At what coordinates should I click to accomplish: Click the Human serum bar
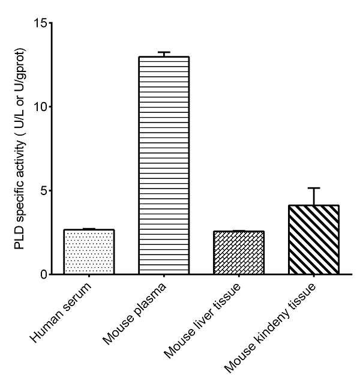point(89,252)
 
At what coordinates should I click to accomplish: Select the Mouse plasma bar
point(164,166)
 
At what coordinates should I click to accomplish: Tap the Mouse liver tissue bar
point(239,253)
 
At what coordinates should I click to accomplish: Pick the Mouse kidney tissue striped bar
point(314,240)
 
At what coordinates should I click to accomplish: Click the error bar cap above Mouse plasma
point(164,52)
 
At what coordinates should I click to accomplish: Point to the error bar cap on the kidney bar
point(314,188)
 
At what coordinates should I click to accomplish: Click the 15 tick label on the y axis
point(40,23)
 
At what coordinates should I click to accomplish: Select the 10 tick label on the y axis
point(40,107)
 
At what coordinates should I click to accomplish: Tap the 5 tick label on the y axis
point(43,191)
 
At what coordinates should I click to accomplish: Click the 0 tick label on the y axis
point(43,275)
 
